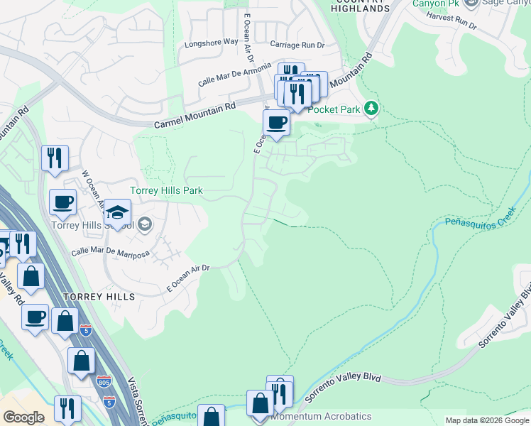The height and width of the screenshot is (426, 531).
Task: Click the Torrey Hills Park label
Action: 166,190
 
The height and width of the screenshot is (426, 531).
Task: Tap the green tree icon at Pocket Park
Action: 370,109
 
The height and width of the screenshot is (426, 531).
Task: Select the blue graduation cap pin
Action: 119,212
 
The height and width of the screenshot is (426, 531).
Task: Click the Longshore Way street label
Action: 211,42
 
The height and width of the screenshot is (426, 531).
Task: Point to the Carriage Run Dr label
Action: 297,44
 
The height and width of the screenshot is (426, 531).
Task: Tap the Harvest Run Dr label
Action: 451,24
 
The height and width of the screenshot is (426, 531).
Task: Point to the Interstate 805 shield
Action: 104,382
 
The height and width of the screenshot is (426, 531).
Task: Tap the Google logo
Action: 23,417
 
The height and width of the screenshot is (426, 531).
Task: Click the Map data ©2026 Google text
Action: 487,420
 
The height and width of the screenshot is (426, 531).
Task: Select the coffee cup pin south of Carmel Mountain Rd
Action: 276,123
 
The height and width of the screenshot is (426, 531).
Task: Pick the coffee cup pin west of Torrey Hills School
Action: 62,202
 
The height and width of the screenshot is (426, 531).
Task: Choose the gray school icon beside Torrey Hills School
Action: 144,225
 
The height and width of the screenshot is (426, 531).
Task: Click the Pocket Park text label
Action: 334,110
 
